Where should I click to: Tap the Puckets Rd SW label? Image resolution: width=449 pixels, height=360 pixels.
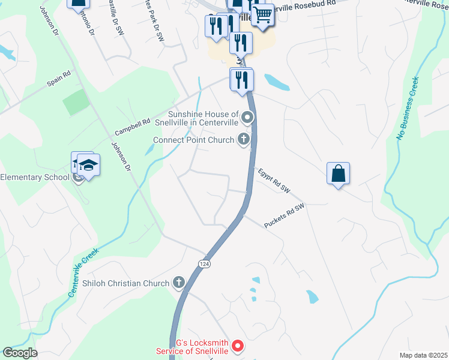(x=285, y=215)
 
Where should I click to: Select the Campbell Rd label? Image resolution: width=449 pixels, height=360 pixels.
(x=132, y=125)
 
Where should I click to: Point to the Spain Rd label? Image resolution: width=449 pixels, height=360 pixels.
(x=59, y=79)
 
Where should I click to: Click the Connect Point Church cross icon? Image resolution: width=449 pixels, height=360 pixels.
(x=243, y=140)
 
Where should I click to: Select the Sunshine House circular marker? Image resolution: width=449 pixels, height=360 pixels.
(x=246, y=116)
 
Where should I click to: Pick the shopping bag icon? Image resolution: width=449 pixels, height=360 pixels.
(x=339, y=173)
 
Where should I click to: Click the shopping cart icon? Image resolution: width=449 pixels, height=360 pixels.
(x=262, y=14)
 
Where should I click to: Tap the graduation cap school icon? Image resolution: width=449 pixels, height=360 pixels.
(x=88, y=164)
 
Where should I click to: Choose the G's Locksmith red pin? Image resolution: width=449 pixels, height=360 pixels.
(x=238, y=346)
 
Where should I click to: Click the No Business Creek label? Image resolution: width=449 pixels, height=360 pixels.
(x=406, y=108)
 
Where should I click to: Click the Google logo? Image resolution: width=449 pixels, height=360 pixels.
(x=20, y=353)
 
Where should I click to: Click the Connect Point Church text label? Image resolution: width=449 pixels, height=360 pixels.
(x=193, y=140)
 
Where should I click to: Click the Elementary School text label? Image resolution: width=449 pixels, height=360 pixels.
(x=35, y=178)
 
